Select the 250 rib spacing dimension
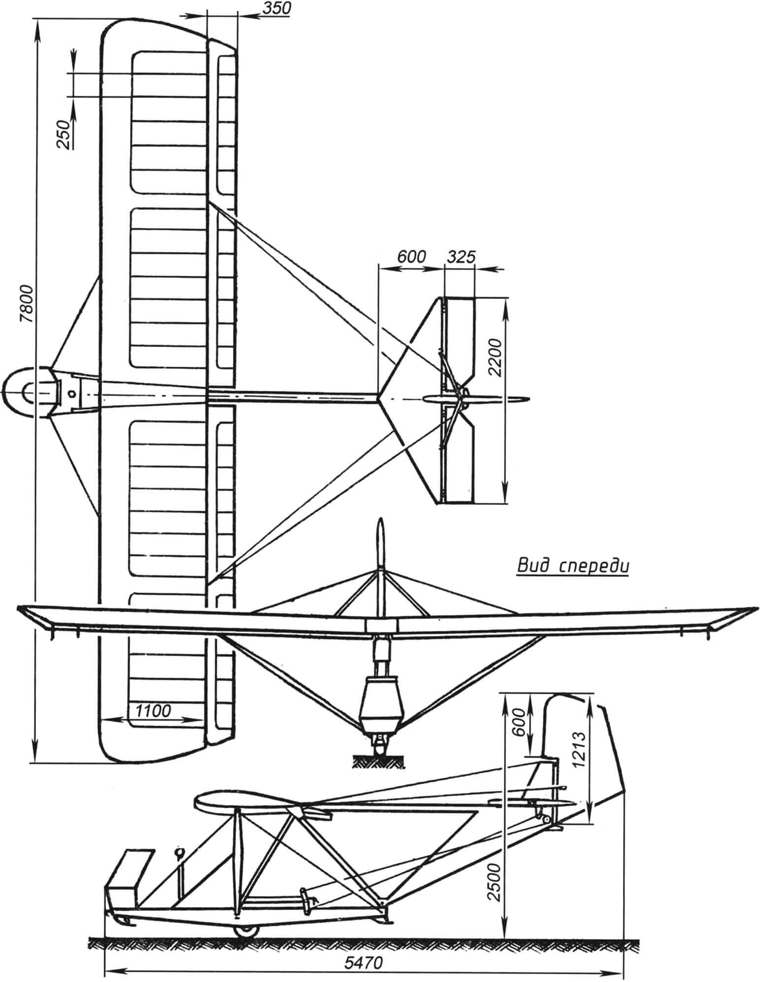click(63, 134)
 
